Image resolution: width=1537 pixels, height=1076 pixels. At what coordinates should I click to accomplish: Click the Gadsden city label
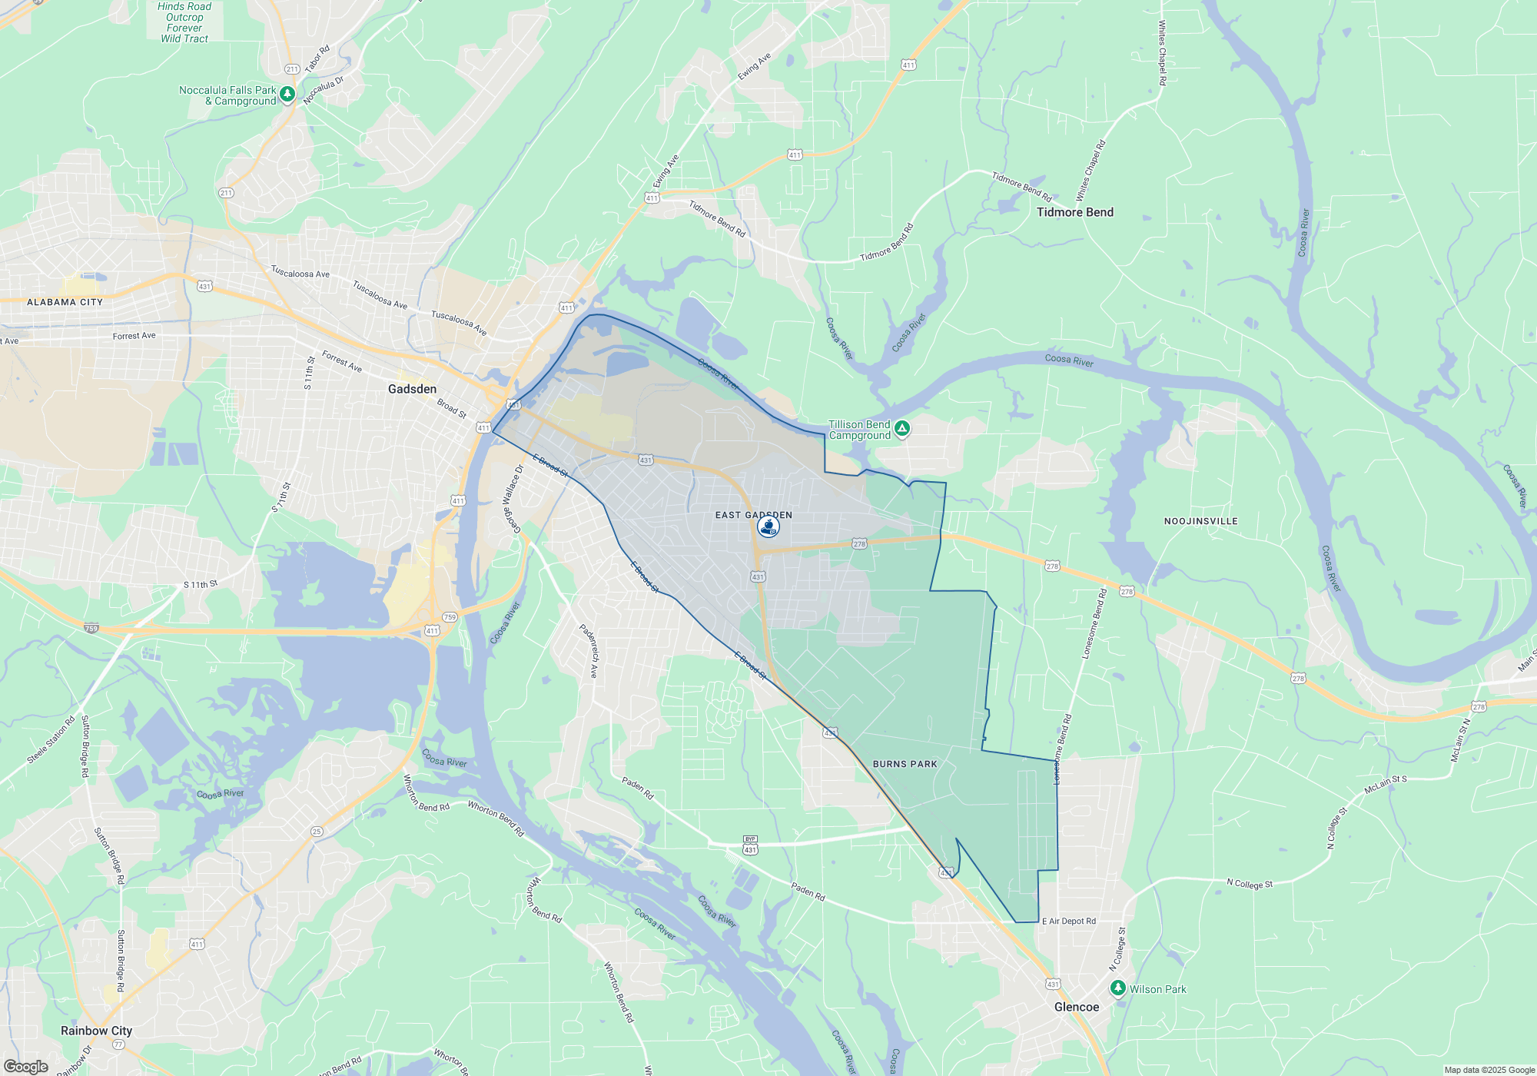[x=412, y=389]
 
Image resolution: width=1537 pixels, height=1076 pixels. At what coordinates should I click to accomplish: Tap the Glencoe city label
[x=1077, y=1007]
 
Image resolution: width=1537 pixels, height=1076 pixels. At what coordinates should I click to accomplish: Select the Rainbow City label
[x=96, y=1031]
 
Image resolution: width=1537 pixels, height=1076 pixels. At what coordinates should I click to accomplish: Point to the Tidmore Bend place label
[x=1074, y=212]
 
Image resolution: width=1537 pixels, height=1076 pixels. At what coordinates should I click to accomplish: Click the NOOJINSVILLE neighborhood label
[x=1200, y=521]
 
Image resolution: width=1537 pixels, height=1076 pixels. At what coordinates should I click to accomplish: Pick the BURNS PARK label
[x=905, y=764]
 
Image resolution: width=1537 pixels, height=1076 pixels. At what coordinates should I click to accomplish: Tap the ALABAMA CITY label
[x=65, y=302]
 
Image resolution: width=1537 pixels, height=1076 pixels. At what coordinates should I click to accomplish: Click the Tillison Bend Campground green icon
[x=902, y=428]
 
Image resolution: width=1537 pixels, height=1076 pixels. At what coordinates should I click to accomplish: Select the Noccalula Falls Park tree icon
[x=287, y=94]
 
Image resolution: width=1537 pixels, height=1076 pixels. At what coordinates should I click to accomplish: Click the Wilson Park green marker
[x=1118, y=988]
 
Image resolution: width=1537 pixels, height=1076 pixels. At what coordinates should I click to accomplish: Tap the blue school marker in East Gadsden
[x=768, y=526]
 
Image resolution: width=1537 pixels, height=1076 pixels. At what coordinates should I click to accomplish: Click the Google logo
[x=26, y=1067]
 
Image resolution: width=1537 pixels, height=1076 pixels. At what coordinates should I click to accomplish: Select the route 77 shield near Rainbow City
[x=118, y=1044]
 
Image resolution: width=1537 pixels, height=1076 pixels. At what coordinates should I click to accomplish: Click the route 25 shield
[x=317, y=832]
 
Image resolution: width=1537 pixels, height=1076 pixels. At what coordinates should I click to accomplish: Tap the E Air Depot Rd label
[x=1069, y=921]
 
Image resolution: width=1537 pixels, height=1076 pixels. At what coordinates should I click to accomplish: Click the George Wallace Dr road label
[x=513, y=498]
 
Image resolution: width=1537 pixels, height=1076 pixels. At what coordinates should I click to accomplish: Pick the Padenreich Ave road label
[x=589, y=650]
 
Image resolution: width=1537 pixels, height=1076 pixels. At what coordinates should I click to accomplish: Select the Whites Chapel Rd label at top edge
[x=1162, y=52]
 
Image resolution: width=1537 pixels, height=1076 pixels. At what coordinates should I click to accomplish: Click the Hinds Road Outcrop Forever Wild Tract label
[x=184, y=22]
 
